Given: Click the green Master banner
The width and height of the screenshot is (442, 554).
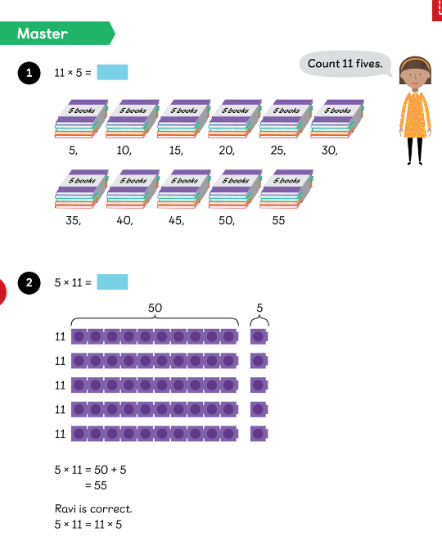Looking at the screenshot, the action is click(x=56, y=34).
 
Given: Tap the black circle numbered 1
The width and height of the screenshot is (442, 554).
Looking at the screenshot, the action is click(x=29, y=73).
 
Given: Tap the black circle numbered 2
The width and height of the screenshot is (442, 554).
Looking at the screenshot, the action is click(x=29, y=282).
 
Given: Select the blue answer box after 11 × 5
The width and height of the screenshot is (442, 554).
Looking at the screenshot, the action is click(x=112, y=72).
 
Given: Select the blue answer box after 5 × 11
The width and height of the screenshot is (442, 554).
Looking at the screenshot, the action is click(x=112, y=282).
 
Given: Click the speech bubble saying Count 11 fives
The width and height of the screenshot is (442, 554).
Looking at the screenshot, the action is click(x=345, y=64).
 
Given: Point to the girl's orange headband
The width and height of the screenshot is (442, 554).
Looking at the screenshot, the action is click(x=415, y=63).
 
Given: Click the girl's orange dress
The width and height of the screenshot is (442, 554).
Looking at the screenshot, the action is click(x=415, y=115).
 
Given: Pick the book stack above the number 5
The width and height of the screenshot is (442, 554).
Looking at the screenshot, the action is click(x=81, y=119).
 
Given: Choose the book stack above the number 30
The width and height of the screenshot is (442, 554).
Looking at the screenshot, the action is click(x=337, y=119).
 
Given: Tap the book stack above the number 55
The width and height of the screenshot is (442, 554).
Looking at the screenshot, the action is click(x=286, y=189).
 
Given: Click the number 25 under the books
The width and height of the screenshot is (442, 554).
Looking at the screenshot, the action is click(x=277, y=151).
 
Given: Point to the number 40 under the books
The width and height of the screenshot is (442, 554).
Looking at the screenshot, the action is click(x=124, y=220).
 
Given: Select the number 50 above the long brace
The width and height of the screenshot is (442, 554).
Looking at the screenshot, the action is click(x=155, y=308).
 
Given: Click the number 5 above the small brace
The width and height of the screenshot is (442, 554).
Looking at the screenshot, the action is click(x=259, y=308).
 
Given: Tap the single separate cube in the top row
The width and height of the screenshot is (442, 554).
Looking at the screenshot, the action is click(x=259, y=336).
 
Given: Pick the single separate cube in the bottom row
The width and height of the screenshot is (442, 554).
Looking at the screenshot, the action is click(x=259, y=434).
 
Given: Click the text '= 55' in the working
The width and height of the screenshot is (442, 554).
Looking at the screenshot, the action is click(x=96, y=485).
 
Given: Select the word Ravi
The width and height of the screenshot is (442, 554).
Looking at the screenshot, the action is click(x=65, y=509).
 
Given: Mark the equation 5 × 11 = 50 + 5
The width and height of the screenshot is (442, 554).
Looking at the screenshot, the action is click(x=90, y=470).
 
